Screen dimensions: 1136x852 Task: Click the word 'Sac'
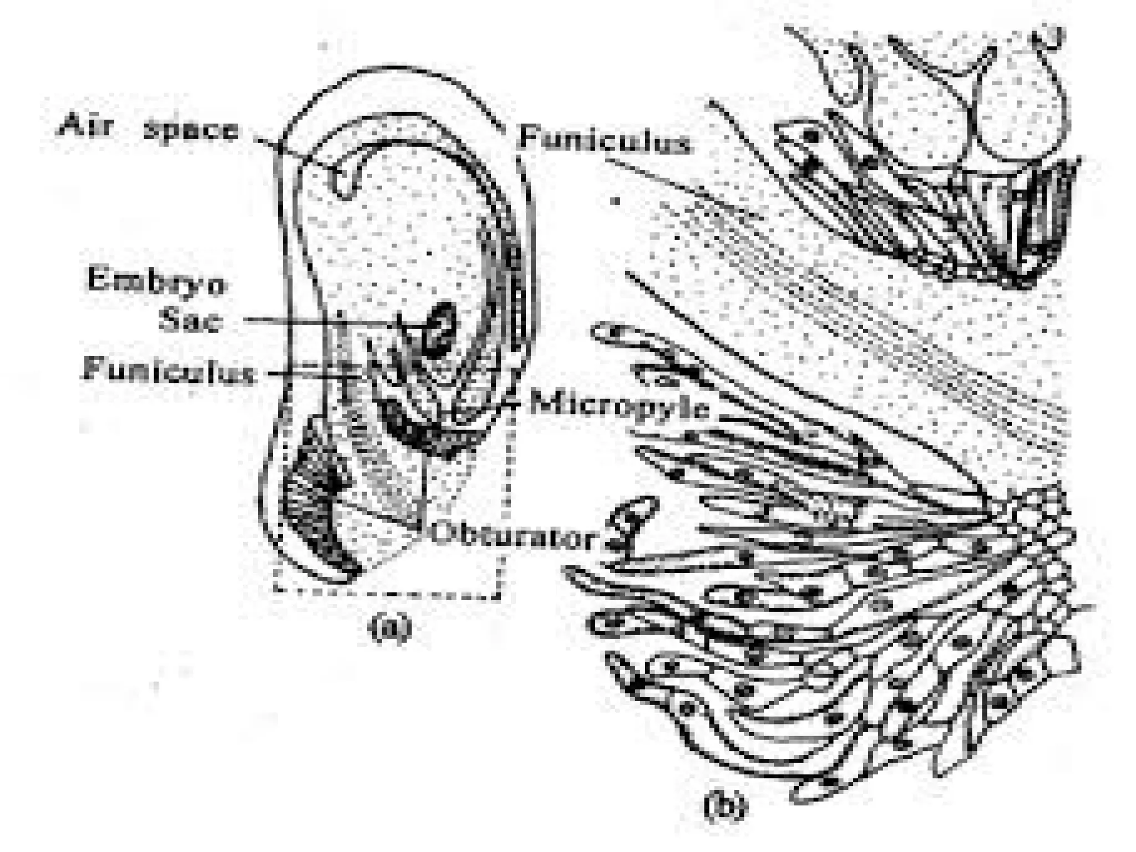click(x=190, y=319)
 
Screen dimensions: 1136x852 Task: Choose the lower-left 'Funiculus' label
click(x=169, y=370)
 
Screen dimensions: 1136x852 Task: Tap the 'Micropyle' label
click(x=618, y=407)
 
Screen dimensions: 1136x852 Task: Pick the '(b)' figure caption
click(x=724, y=808)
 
